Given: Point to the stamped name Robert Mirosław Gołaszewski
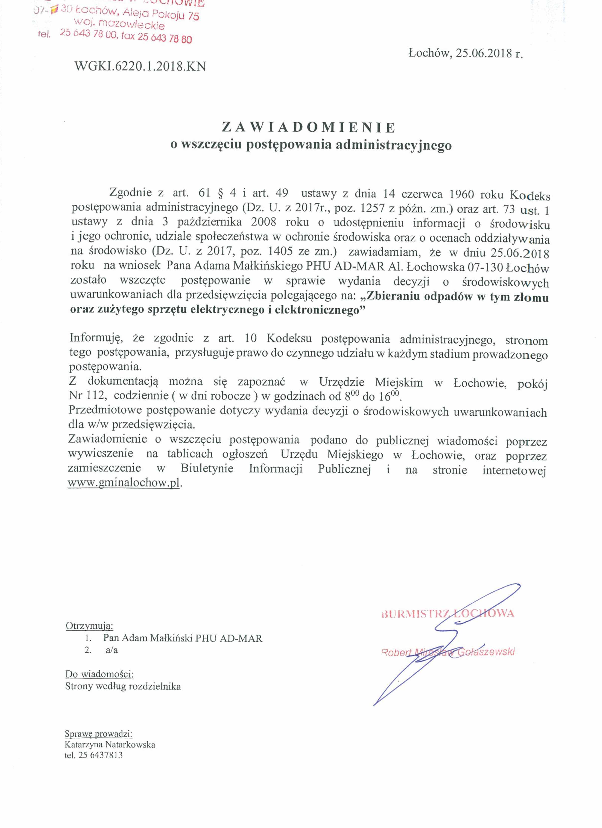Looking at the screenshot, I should (447, 652).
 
